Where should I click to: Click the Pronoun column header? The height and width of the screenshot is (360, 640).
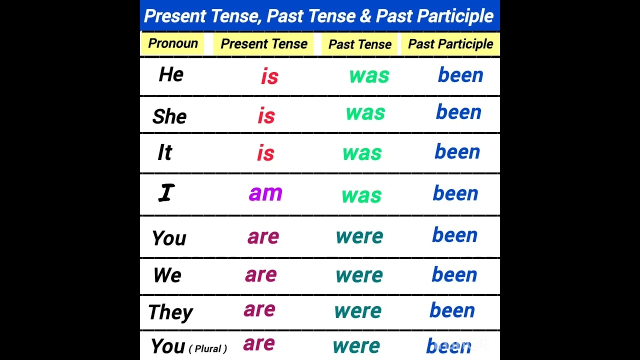click(x=173, y=43)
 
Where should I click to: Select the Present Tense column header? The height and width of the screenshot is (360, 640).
click(x=263, y=44)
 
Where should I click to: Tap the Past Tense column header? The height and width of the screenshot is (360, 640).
click(x=359, y=44)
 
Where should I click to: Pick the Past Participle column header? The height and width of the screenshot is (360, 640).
click(x=450, y=44)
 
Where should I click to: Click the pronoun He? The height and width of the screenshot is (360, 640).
click(x=171, y=75)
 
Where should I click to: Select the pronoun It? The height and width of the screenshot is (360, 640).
click(x=164, y=153)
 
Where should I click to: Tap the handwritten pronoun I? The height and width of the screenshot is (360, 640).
click(x=166, y=193)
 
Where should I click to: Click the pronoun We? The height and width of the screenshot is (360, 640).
click(x=167, y=275)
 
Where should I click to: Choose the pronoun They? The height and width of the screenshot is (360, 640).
click(x=170, y=312)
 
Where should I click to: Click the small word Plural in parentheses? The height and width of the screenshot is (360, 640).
click(x=208, y=349)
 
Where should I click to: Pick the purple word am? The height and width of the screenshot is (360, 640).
click(x=265, y=193)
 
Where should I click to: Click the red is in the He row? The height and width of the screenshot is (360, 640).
click(x=269, y=77)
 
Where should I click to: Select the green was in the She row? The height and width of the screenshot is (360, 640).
click(x=365, y=113)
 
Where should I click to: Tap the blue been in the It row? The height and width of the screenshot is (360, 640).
click(x=457, y=151)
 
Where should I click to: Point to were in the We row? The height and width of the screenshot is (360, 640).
click(x=359, y=275)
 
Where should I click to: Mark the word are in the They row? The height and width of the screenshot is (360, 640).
click(x=259, y=309)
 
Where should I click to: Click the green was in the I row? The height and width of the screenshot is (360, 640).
click(x=361, y=195)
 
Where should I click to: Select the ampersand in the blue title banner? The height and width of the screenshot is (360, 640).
click(x=365, y=16)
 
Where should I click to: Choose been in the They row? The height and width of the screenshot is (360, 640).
click(x=452, y=310)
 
